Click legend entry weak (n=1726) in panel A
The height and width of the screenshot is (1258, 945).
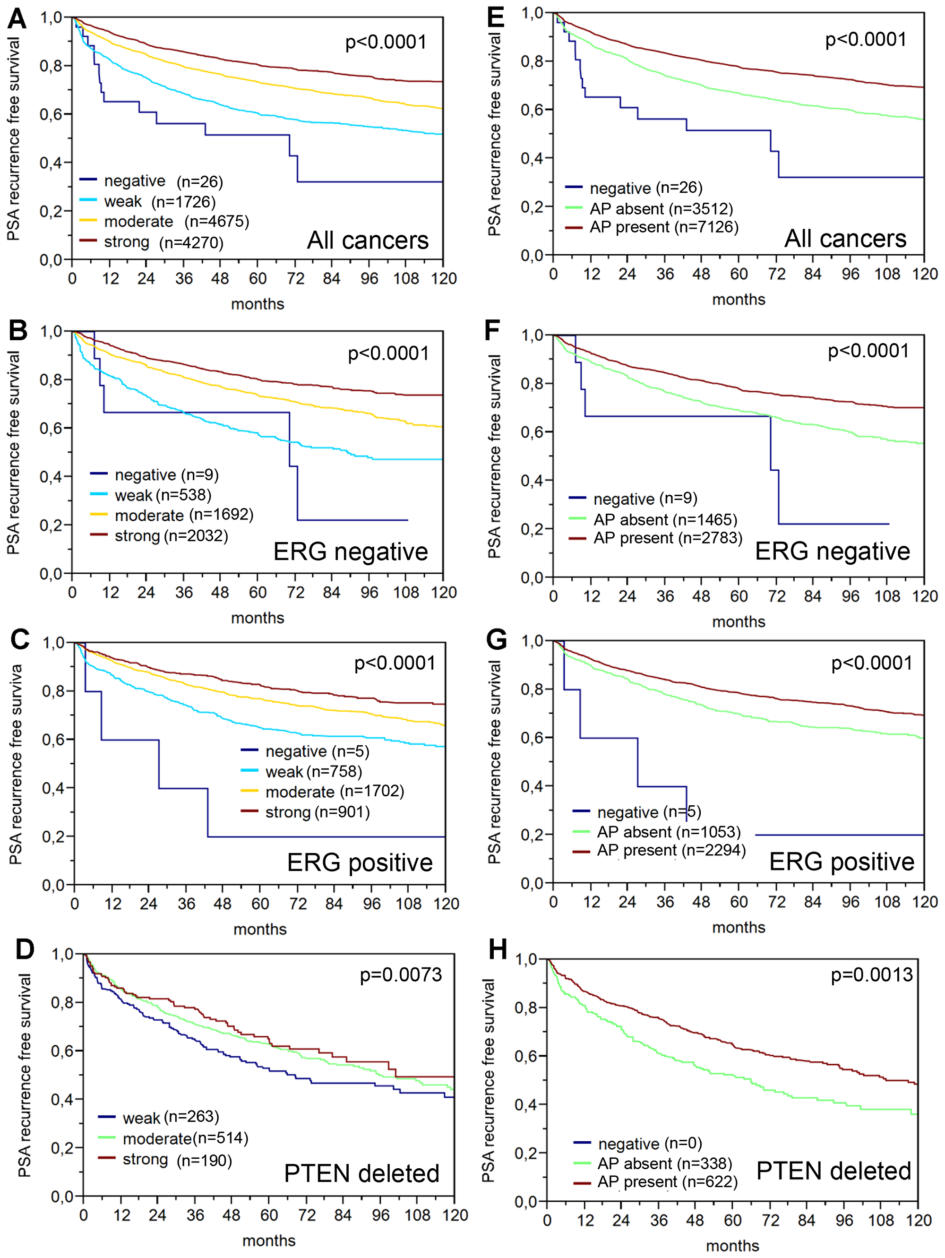tap(159, 202)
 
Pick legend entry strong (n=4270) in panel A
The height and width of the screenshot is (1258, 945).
tap(163, 243)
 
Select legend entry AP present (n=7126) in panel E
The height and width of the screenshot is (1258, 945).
tap(663, 227)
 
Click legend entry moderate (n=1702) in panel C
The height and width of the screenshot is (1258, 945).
tap(335, 792)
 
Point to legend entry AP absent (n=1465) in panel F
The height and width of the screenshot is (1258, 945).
tap(665, 520)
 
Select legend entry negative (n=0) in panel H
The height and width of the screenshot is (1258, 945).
tap(649, 1143)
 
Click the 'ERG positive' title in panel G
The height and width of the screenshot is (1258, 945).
tap(841, 862)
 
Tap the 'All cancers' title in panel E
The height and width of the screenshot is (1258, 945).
tap(845, 239)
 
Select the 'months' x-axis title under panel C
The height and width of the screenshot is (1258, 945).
tap(260, 929)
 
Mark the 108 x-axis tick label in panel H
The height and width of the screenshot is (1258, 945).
tap(881, 1221)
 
